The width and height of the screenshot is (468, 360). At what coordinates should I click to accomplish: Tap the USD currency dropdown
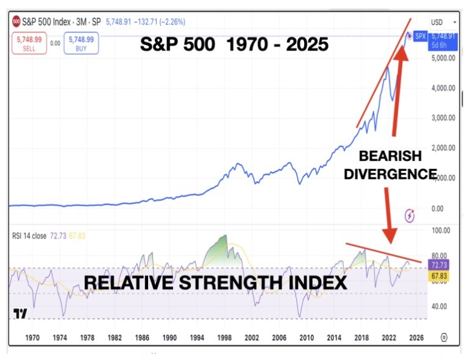440,22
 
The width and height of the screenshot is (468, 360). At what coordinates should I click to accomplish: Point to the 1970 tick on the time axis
32,337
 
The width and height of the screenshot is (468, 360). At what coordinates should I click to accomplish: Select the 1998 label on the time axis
225,337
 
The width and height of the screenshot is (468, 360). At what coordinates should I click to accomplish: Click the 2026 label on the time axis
417,337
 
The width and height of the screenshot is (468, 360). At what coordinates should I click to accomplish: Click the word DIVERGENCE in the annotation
390,173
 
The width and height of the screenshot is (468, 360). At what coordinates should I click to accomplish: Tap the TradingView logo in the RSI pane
21,314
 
